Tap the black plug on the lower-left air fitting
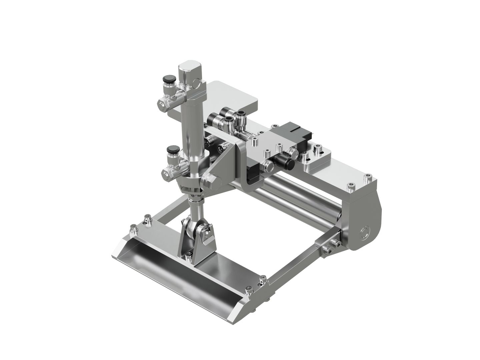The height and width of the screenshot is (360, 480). [x=173, y=149]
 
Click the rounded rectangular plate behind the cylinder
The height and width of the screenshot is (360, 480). [x=233, y=97]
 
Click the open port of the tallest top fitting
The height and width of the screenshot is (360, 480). [x=240, y=115]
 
